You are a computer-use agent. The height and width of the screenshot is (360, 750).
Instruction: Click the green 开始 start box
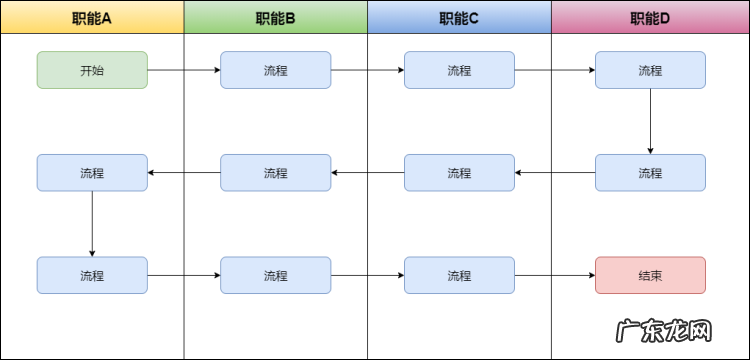coord(92,70)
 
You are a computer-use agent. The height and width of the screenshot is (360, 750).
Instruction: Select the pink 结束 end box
coord(650,275)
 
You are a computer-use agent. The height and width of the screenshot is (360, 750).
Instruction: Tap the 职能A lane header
coord(92,17)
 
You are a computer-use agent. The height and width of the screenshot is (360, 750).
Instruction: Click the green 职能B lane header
coord(275,17)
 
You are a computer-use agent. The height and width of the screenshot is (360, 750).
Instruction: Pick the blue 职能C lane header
coord(459,17)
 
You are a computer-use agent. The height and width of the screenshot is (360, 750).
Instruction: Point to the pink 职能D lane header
coord(650,17)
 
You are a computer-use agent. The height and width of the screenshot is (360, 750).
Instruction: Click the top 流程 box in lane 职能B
coord(275,70)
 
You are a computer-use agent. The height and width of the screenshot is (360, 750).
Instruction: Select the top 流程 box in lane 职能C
coord(459,70)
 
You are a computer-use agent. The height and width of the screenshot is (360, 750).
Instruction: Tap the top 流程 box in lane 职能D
coord(650,70)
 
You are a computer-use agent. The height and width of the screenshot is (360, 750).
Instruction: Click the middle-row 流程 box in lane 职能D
coord(650,172)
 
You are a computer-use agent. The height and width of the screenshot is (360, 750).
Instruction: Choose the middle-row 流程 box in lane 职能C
coord(459,172)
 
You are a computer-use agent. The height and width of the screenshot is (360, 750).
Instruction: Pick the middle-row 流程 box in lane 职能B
coord(275,172)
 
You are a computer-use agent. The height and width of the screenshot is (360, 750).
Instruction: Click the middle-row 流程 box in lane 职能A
coord(92,172)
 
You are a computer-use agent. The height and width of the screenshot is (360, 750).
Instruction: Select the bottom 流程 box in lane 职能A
coord(92,275)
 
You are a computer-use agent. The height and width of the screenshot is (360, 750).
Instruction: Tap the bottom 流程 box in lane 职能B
coord(275,275)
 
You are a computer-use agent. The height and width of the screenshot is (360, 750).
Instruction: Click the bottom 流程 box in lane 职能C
coord(459,275)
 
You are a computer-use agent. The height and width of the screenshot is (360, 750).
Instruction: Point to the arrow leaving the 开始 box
coord(184,70)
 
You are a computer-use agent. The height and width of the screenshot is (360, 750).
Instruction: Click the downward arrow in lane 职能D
coord(650,121)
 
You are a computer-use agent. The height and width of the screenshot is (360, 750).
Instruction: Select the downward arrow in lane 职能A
coord(92,223)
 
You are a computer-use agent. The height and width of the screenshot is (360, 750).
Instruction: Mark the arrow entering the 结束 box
coord(555,275)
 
